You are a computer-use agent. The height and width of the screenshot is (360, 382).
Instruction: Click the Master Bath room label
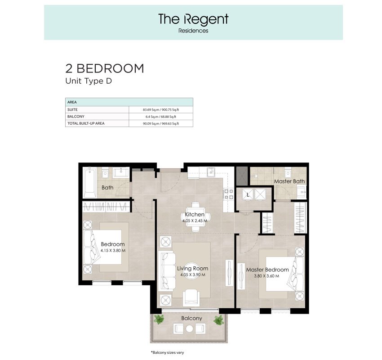coord(289,181)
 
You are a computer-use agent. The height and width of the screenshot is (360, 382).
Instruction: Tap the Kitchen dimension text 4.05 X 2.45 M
coord(195,221)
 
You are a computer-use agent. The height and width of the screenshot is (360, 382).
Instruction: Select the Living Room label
coord(192,268)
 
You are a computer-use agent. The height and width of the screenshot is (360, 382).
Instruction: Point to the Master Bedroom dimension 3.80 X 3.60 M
coord(267,276)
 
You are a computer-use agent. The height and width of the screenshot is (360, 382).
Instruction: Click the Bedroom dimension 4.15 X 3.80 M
coord(113,250)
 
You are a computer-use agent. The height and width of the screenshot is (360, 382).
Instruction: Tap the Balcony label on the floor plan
coord(191,318)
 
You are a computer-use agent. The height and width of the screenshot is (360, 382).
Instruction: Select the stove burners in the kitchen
coord(228,194)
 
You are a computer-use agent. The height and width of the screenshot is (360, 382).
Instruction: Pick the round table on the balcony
coord(189,329)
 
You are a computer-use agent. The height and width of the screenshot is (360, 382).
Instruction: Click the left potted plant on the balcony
coord(159,319)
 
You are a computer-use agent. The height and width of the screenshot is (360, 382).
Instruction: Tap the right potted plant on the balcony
coord(218,320)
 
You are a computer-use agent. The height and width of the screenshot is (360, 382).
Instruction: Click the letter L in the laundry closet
coord(248,195)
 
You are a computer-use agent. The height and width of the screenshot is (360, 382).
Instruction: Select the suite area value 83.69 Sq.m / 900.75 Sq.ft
coord(161,110)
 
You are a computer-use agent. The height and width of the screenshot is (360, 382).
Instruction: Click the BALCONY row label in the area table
coord(76,117)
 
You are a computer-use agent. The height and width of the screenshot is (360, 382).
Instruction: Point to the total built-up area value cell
coord(161,123)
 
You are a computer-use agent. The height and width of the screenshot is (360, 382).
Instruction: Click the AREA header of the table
coord(72,102)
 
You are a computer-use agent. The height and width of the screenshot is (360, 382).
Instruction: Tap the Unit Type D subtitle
coord(89,81)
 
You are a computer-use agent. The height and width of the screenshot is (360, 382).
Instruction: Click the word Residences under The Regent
coord(193,31)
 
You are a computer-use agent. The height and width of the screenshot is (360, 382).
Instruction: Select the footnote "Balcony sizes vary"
coord(167,352)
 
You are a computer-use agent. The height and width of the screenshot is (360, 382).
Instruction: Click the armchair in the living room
coord(191,297)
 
